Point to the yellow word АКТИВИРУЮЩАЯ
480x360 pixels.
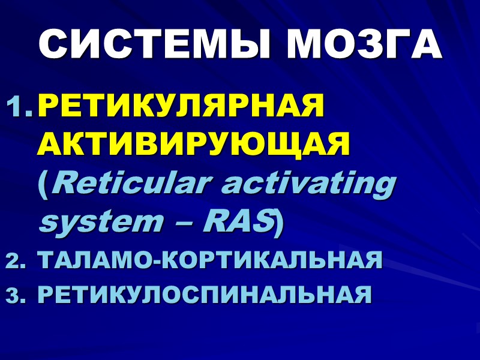pos(194,146)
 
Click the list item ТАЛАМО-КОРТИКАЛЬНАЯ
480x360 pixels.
pos(209,261)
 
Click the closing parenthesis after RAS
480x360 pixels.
pos(279,221)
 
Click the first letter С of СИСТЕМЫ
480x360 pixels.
pos(55,43)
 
